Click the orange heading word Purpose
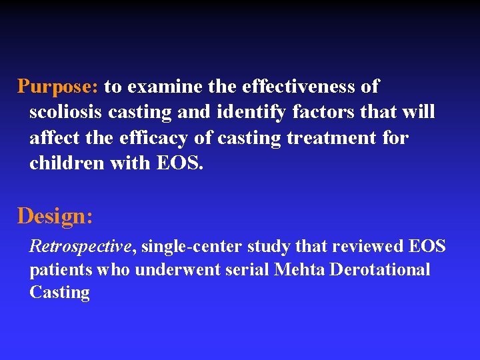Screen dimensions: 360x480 (x=58, y=87)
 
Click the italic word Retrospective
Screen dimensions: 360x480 (x=81, y=247)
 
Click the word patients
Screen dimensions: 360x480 (x=61, y=269)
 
